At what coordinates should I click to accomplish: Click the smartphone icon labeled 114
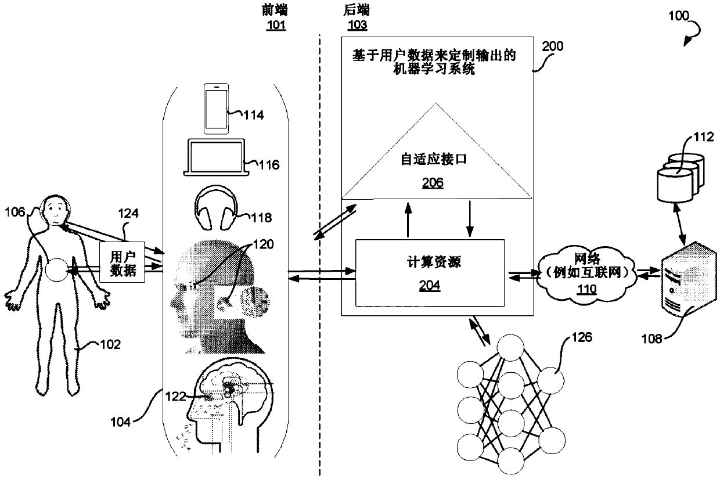(215, 109)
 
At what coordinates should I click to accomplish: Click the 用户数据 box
(123, 264)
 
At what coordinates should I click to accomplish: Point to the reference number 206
(433, 183)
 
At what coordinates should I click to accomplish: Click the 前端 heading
(275, 10)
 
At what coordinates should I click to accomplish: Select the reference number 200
(553, 48)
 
